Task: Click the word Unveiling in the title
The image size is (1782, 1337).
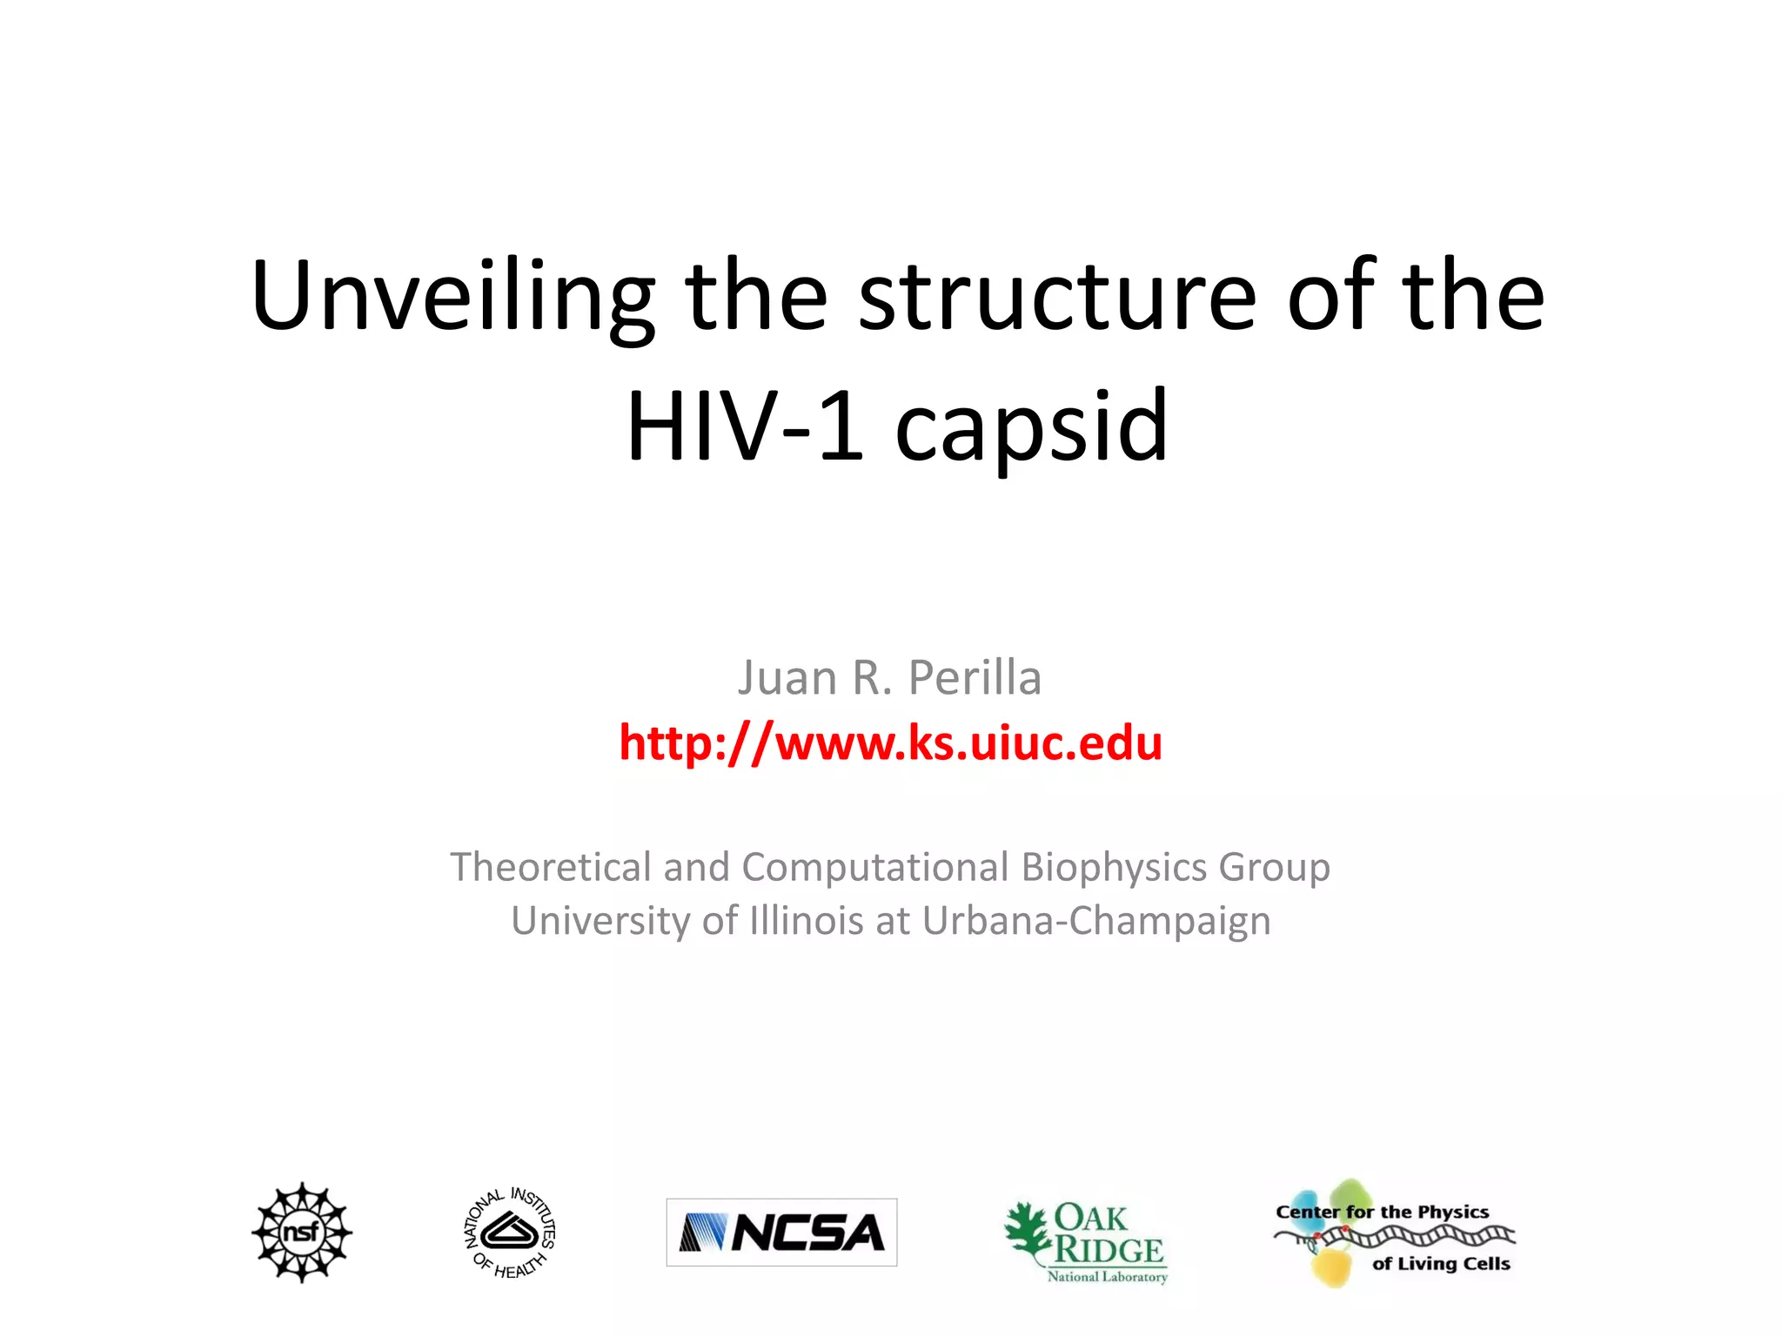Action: pos(452,296)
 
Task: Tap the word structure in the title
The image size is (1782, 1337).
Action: pos(1057,296)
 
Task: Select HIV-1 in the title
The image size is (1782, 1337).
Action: pos(744,427)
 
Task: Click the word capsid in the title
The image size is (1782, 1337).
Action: pos(1031,427)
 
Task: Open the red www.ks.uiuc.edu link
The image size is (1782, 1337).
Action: pos(890,742)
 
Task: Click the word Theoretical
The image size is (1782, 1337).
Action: pos(550,867)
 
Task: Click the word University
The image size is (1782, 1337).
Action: pos(600,920)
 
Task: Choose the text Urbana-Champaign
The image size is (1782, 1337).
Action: pos(1096,920)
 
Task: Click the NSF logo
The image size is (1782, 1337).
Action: pos(302,1232)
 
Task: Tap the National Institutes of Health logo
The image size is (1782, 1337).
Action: pos(510,1232)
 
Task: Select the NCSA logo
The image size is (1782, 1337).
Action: pos(781,1232)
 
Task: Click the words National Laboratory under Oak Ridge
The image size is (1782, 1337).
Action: pos(1107,1277)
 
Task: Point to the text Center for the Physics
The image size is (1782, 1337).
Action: pos(1382,1212)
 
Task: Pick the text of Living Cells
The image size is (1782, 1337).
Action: pos(1441,1263)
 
